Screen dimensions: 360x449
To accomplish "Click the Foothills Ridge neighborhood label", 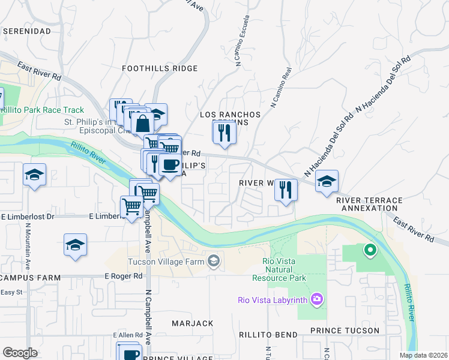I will tap(159, 68).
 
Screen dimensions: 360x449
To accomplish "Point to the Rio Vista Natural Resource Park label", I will tap(285, 269).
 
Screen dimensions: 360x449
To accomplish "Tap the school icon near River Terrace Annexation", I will tap(327, 181).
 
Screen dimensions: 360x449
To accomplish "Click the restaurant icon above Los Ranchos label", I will tap(224, 132).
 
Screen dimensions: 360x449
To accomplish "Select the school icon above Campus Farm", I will tap(76, 245).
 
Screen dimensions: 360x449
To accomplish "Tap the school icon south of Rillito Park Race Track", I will tap(34, 175).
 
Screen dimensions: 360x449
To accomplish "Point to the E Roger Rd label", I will tap(123, 277).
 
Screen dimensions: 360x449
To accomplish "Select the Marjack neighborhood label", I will tap(192, 323).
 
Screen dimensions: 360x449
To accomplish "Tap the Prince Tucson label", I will tap(345, 331).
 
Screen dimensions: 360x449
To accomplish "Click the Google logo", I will tap(20, 353).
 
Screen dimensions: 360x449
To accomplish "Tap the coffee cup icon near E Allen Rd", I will tap(129, 353).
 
